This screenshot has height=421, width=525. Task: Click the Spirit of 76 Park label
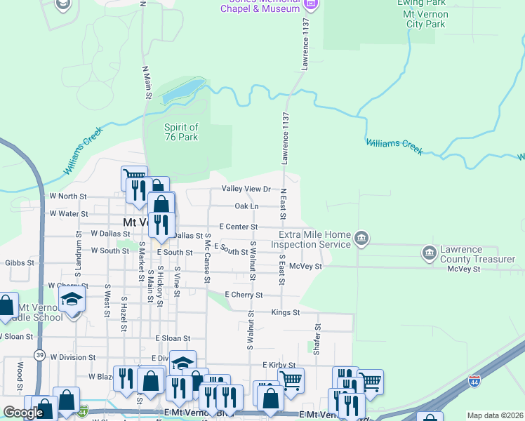pyautogui.click(x=181, y=132)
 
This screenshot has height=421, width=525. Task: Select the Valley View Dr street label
pyautogui.click(x=246, y=189)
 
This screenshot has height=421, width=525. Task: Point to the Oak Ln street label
pyautogui.click(x=246, y=206)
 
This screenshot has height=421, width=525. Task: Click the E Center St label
pyautogui.click(x=239, y=227)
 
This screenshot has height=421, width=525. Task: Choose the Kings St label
pyautogui.click(x=286, y=312)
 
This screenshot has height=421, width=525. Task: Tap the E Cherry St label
pyautogui.click(x=243, y=295)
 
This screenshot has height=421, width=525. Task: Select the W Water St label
pyautogui.click(x=68, y=213)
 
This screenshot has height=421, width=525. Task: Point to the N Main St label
pyautogui.click(x=147, y=82)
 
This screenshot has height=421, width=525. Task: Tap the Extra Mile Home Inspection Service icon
pyautogui.click(x=361, y=238)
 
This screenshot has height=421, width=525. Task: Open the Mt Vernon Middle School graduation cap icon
pyautogui.click(x=72, y=298)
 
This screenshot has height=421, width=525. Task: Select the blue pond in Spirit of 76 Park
pyautogui.click(x=181, y=91)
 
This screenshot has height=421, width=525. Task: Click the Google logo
pyautogui.click(x=23, y=413)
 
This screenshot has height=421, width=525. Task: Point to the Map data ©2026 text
pyautogui.click(x=495, y=415)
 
